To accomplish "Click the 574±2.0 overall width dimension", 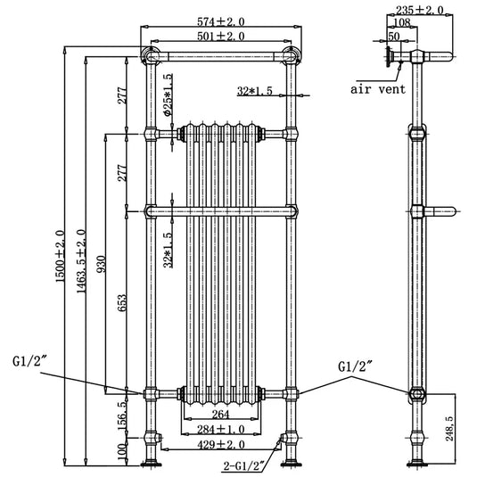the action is pyautogui.click(x=221, y=22).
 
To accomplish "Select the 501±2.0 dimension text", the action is pyautogui.click(x=221, y=37).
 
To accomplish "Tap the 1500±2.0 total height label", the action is pyautogui.click(x=60, y=257).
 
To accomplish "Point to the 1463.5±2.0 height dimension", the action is pyautogui.click(x=81, y=261).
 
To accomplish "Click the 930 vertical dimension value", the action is pyautogui.click(x=102, y=264).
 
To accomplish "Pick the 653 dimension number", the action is pyautogui.click(x=121, y=303).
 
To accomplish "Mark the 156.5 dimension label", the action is pyautogui.click(x=122, y=415).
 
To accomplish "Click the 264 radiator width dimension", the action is pyautogui.click(x=220, y=414).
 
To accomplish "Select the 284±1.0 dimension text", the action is pyautogui.click(x=221, y=430).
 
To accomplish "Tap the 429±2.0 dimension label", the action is pyautogui.click(x=221, y=445).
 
